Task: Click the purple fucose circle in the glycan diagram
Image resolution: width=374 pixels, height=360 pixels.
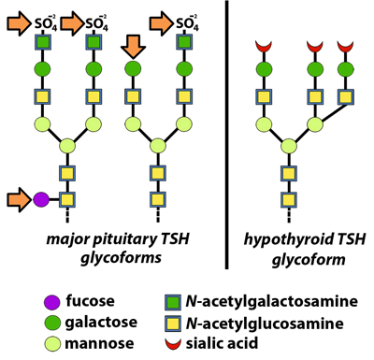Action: [x=41, y=198]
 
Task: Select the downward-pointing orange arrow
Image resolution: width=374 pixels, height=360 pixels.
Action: [x=131, y=45]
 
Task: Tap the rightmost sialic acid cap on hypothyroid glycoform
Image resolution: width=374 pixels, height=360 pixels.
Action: [x=348, y=45]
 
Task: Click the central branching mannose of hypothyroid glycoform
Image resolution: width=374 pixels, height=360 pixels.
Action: [x=289, y=146]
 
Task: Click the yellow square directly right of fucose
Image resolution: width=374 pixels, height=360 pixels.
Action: [x=66, y=198]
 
